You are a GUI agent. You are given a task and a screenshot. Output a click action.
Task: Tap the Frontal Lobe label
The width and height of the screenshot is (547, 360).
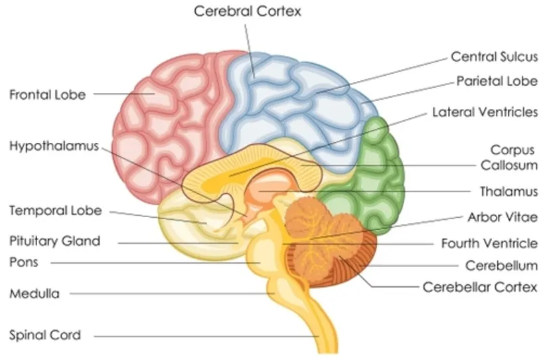pyautogui.click(x=47, y=94)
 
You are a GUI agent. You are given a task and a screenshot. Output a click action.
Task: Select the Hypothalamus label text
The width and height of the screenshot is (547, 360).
pyautogui.click(x=54, y=146)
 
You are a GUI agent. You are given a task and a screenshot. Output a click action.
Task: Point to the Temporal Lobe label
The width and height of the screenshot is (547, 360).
pyautogui.click(x=55, y=211)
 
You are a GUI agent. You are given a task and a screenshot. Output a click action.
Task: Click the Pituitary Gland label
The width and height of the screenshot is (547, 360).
pyautogui.click(x=54, y=240)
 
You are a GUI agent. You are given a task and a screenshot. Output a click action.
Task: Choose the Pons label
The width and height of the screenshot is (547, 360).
pyautogui.click(x=24, y=262)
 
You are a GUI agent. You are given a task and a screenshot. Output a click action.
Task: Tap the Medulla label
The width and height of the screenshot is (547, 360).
pyautogui.click(x=35, y=293)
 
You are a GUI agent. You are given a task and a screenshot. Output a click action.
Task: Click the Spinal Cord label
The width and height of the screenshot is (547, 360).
pyautogui.click(x=45, y=335)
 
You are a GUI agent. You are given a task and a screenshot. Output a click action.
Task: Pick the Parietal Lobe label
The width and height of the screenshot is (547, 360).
pyautogui.click(x=497, y=82)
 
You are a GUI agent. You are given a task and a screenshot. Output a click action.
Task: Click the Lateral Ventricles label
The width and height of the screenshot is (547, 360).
pyautogui.click(x=485, y=112)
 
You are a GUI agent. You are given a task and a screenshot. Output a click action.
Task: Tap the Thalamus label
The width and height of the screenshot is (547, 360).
pyautogui.click(x=508, y=191)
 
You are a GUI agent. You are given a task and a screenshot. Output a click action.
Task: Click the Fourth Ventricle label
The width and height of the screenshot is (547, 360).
pyautogui.click(x=489, y=243)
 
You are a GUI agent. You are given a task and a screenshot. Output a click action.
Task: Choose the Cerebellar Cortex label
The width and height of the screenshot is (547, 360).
pyautogui.click(x=480, y=287)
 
